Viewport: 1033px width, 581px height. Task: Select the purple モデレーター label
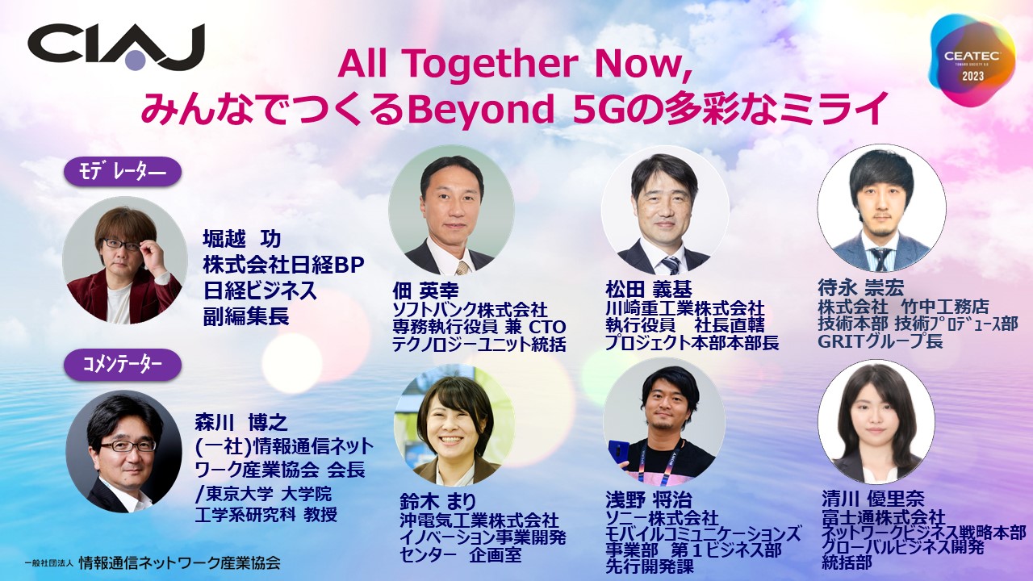(122, 172)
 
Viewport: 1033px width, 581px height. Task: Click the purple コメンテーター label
(122, 364)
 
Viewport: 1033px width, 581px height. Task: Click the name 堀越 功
(241, 239)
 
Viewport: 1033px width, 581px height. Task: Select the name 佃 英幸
(425, 291)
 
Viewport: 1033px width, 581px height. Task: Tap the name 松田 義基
(648, 290)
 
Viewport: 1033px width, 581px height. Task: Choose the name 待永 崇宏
(860, 288)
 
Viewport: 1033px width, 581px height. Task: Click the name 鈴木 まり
(437, 502)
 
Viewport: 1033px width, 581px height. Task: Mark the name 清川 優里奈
(872, 498)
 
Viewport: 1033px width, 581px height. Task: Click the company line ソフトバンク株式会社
(470, 309)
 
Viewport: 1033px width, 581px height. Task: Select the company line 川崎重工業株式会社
(685, 308)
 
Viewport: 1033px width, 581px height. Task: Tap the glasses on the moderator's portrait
(121, 244)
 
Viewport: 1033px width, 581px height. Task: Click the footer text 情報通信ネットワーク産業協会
(179, 562)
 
